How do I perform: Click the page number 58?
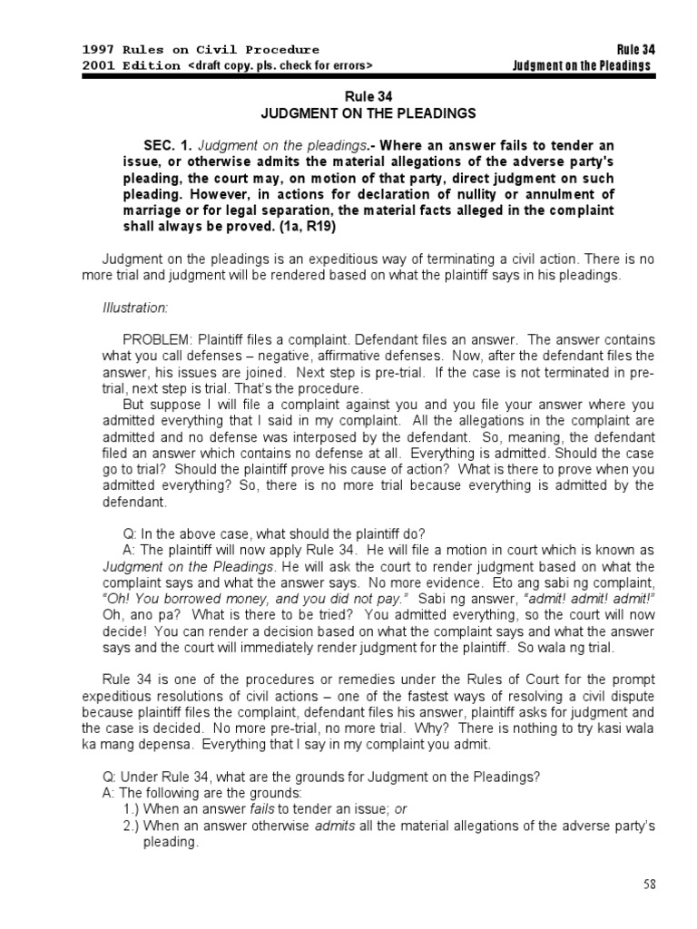coord(649,885)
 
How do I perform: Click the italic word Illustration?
coord(135,308)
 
